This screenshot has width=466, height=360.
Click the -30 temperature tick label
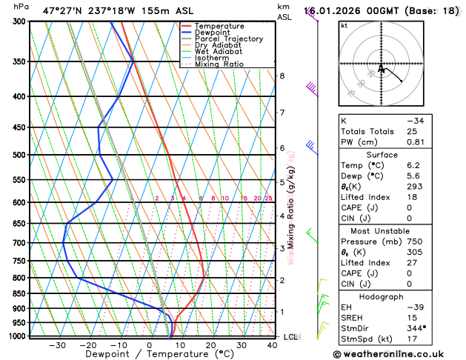(x=57, y=345)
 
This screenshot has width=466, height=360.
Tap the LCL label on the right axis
(x=291, y=337)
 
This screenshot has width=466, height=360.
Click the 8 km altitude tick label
(x=282, y=76)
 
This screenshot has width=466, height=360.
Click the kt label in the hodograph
(x=344, y=25)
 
